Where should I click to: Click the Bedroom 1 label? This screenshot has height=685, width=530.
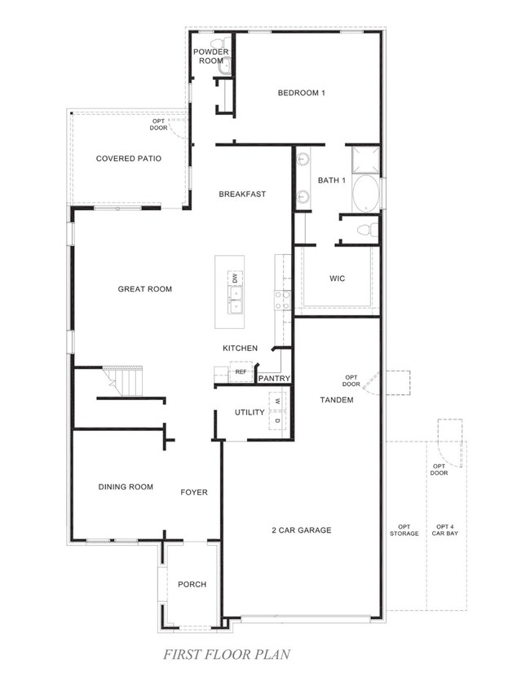click(302, 93)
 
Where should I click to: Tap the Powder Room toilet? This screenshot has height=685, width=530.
click(218, 43)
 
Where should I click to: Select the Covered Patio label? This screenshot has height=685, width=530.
click(129, 159)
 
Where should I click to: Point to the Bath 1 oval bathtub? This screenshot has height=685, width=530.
click(365, 194)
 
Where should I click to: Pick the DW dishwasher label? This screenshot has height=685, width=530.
click(235, 278)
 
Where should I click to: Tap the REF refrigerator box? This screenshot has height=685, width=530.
click(241, 371)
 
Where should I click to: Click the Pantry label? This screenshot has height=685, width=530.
click(274, 378)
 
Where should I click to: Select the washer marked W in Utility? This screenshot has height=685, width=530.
click(277, 401)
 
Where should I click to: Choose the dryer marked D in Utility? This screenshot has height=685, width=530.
click(277, 419)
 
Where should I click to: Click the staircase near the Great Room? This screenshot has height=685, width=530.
click(123, 380)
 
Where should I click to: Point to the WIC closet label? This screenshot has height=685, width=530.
click(337, 279)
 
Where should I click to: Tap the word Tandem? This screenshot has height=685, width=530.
click(337, 400)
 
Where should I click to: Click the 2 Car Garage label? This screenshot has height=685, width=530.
click(302, 530)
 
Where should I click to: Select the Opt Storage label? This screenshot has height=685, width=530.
click(404, 530)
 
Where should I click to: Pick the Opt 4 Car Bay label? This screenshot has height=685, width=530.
click(445, 530)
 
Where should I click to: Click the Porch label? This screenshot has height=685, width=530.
click(192, 584)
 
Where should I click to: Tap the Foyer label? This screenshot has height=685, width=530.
click(194, 492)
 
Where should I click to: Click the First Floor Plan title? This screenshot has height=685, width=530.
click(227, 654)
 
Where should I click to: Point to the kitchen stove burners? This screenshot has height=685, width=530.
click(282, 300)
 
